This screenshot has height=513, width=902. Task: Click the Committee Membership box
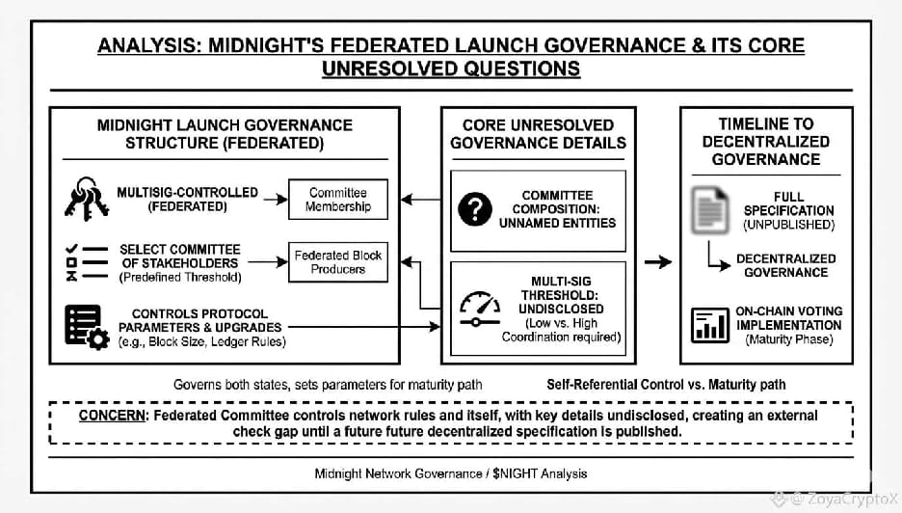pyautogui.click(x=338, y=199)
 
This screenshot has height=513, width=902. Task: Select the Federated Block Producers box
pyautogui.click(x=338, y=261)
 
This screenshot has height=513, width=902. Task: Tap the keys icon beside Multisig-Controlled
pyautogui.click(x=86, y=198)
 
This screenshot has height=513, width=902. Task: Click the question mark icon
pyautogui.click(x=474, y=209)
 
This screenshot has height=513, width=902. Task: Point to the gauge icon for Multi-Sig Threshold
pyautogui.click(x=479, y=310)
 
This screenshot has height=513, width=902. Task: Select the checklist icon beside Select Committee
pyautogui.click(x=84, y=261)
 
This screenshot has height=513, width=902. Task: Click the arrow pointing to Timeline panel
pyautogui.click(x=658, y=261)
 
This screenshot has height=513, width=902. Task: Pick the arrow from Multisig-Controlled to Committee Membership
pyautogui.click(x=275, y=199)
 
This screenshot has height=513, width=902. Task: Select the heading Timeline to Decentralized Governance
pyautogui.click(x=766, y=141)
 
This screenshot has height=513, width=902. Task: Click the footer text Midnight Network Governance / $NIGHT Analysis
pyautogui.click(x=450, y=473)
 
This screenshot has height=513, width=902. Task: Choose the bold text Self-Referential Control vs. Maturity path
pyautogui.click(x=665, y=384)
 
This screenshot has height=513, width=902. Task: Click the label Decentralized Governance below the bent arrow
pyautogui.click(x=785, y=265)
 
